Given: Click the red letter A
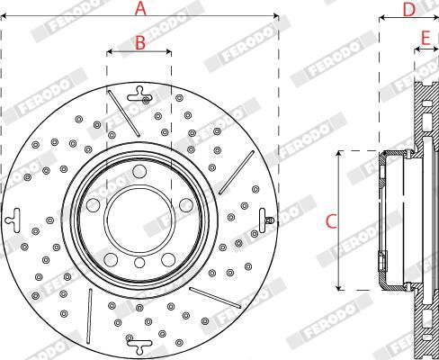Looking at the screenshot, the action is click(140, 8).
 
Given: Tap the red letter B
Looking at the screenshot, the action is click(140, 42).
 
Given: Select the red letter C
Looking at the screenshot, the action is click(331, 221).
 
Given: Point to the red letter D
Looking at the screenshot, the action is click(408, 10).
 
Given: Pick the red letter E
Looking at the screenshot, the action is click(426, 38).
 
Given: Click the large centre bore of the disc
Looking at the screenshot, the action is click(139, 220).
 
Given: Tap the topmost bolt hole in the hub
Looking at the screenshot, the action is click(139, 171).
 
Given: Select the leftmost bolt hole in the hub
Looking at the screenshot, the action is click(93, 205).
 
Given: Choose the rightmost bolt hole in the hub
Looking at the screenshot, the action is click(186, 205).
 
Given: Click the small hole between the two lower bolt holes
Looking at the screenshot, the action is click(139, 263).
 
